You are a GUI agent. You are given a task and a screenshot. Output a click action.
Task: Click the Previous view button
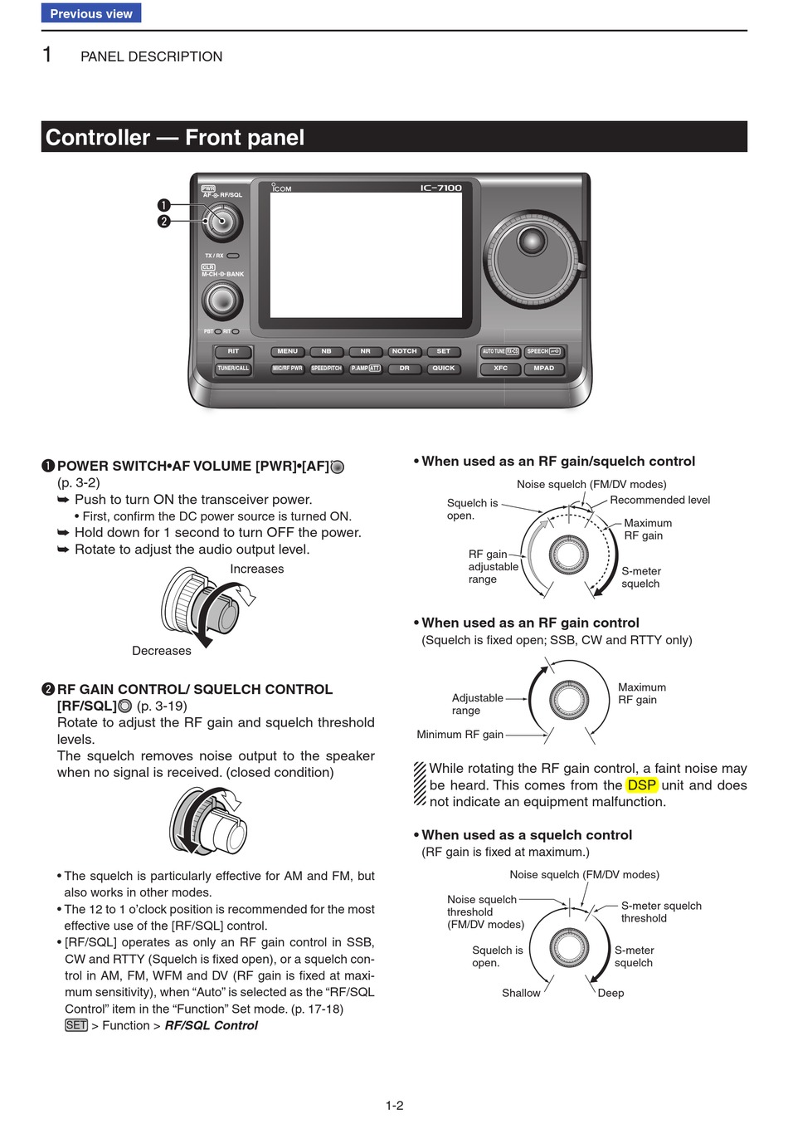(91, 13)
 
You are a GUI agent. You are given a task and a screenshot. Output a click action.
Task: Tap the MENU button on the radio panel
(287, 351)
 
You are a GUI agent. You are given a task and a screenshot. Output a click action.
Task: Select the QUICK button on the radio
(443, 368)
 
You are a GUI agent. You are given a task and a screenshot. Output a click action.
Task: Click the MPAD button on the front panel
(543, 368)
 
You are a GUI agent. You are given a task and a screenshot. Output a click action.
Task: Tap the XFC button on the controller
(500, 368)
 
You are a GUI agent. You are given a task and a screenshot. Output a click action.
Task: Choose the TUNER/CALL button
(233, 368)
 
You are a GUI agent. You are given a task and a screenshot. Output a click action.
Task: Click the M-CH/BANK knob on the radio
(221, 300)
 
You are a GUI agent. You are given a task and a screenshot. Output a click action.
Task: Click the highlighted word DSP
(641, 785)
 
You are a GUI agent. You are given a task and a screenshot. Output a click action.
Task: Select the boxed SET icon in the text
(75, 1025)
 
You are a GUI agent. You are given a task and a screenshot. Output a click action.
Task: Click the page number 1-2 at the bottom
(394, 1105)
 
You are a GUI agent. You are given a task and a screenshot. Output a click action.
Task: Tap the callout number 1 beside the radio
(163, 205)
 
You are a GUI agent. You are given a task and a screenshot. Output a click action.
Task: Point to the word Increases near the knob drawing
(256, 569)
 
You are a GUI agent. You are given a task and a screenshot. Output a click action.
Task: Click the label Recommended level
(659, 500)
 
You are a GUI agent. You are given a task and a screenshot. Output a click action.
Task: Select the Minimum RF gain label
(460, 735)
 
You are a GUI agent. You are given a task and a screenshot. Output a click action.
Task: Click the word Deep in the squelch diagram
(610, 993)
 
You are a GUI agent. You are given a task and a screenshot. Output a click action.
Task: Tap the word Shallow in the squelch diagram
(521, 993)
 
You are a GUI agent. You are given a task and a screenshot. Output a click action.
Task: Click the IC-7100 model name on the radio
(440, 188)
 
